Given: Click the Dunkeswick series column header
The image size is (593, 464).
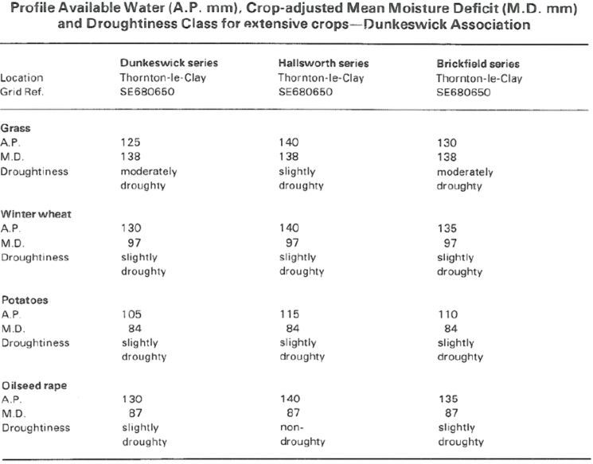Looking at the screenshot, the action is coord(169,63).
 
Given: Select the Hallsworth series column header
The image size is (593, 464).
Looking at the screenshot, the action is coord(324,63).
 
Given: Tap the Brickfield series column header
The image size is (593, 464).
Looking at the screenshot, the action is coord(478,64).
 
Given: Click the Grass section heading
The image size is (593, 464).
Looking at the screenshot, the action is coord(15,128).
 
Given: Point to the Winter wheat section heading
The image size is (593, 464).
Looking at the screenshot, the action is coord(36,214).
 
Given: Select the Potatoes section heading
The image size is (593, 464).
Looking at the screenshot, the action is coord(25,300).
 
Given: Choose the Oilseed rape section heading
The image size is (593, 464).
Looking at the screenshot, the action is coord(34,385).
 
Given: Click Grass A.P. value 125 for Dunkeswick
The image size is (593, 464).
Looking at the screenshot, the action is coord(131,142).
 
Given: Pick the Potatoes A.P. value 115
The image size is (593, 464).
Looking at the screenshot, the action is coord(290,314).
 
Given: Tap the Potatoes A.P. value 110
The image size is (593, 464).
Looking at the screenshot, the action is coord(448,314).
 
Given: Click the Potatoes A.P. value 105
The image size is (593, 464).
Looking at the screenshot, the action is coord(131,314).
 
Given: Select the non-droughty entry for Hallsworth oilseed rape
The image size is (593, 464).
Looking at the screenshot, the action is coord(302,435).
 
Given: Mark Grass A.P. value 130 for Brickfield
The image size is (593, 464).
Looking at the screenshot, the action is coord(447,143).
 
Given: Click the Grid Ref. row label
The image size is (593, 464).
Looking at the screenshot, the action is coord(22,92).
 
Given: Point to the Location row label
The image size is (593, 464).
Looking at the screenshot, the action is coord(22,78).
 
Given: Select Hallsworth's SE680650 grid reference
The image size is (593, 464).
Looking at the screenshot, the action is coord(306,92).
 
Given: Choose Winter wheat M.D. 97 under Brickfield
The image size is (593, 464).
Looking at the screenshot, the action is coord(451,243).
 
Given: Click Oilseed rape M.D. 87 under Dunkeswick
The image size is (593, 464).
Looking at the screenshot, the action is coord(135,413).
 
